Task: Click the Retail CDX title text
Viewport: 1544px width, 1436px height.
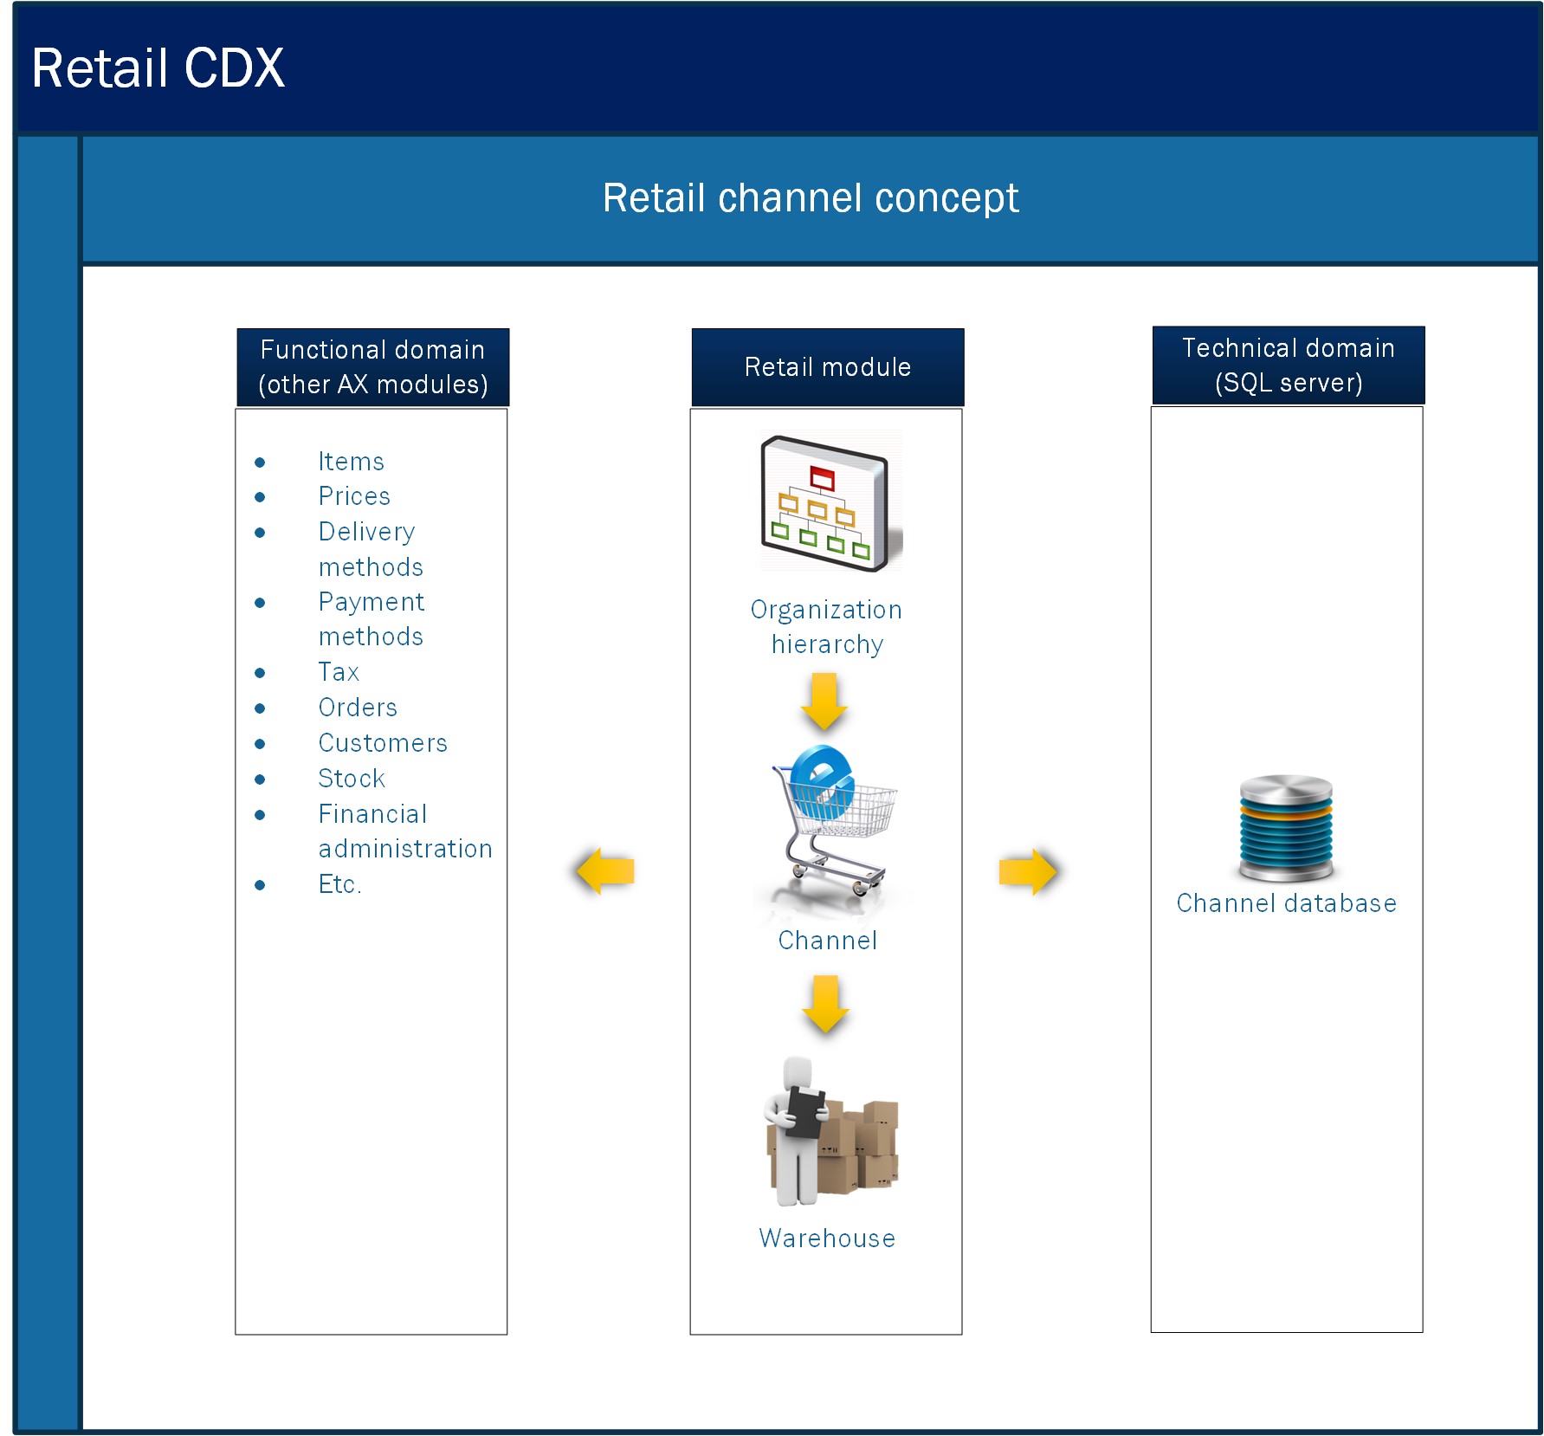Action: click(x=158, y=68)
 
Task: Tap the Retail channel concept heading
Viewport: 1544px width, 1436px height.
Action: click(x=811, y=198)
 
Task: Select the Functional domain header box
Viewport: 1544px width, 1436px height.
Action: click(x=373, y=367)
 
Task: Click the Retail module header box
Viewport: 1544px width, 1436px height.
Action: click(x=828, y=367)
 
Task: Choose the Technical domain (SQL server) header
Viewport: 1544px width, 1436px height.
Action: click(x=1289, y=365)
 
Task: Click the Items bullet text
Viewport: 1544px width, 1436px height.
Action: click(x=351, y=462)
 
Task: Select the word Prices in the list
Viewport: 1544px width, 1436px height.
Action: click(x=354, y=496)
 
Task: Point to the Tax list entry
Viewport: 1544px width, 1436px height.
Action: click(x=339, y=672)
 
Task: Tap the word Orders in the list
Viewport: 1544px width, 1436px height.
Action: click(x=358, y=708)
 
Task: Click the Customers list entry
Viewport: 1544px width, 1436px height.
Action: click(x=383, y=743)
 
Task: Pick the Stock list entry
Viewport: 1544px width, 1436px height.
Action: click(x=352, y=779)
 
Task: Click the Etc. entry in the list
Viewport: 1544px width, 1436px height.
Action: click(x=340, y=884)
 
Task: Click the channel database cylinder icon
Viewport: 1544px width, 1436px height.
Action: click(x=1287, y=827)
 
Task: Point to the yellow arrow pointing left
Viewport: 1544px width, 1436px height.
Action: click(x=605, y=870)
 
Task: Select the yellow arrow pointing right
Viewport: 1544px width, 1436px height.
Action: click(x=1028, y=870)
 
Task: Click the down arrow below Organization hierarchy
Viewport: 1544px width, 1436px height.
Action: click(x=824, y=701)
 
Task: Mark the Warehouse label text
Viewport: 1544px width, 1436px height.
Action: click(x=827, y=1239)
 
